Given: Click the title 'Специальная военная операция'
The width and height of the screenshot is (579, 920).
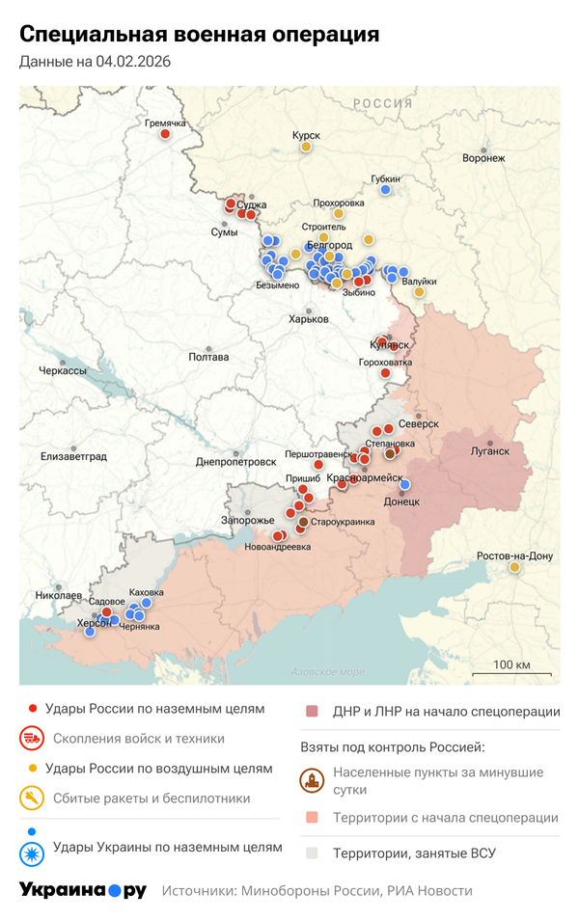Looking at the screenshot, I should (200, 36).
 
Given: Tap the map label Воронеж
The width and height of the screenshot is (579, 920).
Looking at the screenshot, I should (483, 158).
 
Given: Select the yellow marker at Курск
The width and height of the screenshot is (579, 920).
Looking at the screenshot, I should (306, 148).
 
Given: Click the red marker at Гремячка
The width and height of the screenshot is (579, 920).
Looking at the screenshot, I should (165, 134).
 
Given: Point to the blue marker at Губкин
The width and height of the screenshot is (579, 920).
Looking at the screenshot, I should (385, 190).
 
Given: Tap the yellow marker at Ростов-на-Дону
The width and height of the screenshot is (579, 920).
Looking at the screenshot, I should (515, 567).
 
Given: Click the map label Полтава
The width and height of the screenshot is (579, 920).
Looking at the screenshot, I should (209, 357).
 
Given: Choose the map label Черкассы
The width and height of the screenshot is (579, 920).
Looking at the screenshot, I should (62, 371).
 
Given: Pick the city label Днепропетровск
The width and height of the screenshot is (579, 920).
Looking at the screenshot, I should (235, 462).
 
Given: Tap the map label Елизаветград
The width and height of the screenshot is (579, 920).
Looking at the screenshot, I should (73, 456).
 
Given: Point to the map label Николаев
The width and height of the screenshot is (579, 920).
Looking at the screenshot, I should (59, 596).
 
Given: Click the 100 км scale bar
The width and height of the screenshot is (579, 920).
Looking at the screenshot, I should (511, 671).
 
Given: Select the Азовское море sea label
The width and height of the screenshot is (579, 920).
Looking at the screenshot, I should (329, 671).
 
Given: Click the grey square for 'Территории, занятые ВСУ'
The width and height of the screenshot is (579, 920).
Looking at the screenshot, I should (312, 853).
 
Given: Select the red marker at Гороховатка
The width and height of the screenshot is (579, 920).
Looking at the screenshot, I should (385, 373).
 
